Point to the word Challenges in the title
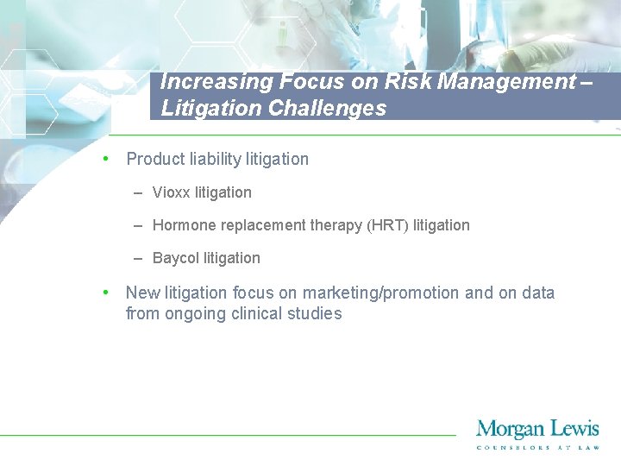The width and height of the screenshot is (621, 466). click(x=331, y=109)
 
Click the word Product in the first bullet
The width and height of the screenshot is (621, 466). click(x=154, y=159)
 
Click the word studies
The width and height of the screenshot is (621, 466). click(x=317, y=313)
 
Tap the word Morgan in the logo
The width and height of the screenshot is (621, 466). click(x=509, y=429)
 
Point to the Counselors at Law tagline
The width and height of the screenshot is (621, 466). click(x=538, y=447)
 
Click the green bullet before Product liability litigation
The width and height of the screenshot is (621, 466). click(x=104, y=158)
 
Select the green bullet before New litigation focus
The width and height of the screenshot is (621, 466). click(x=104, y=292)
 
